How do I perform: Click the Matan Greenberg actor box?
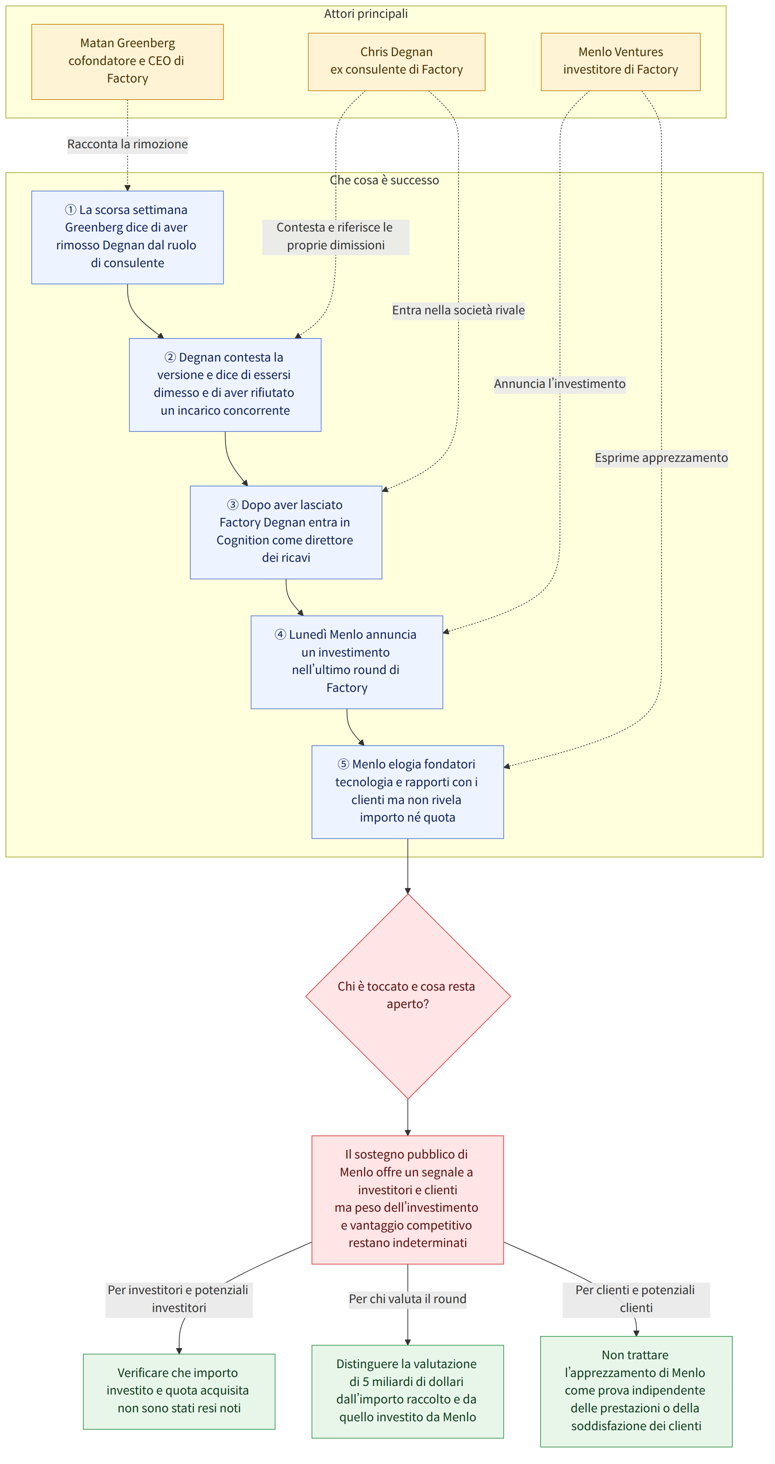pos(127,61)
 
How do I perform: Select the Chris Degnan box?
pos(396,61)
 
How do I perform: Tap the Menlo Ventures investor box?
pos(620,61)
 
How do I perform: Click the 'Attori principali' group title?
pos(366,14)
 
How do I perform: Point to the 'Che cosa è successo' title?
pos(385,180)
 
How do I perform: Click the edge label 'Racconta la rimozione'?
pos(127,144)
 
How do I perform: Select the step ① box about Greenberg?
pos(127,237)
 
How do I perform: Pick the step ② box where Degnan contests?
pos(225,385)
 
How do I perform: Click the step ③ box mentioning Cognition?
pos(286,532)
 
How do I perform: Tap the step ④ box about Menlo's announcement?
pos(347,662)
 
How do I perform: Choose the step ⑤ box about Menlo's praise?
pos(408,792)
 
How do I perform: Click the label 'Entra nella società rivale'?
pos(458,310)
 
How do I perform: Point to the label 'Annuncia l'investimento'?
pos(560,384)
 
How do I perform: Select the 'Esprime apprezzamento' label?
pos(661,458)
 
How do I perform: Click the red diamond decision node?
pos(408,996)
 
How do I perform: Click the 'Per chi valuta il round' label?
pos(408,1299)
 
